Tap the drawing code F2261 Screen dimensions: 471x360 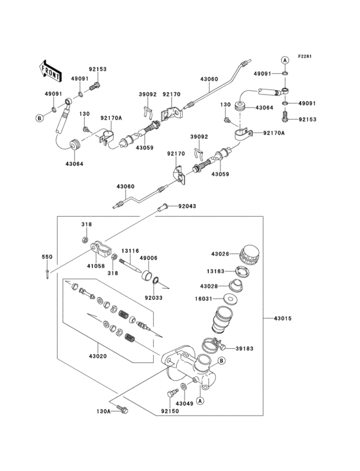(305, 57)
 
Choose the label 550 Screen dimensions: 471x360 (47, 257)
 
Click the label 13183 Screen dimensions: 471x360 (217, 272)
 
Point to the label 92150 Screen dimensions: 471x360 (169, 410)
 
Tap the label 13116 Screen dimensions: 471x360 (131, 251)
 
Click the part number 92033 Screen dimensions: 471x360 (153, 298)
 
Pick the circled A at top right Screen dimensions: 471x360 (284, 60)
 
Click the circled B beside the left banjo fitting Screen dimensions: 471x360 (39, 118)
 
